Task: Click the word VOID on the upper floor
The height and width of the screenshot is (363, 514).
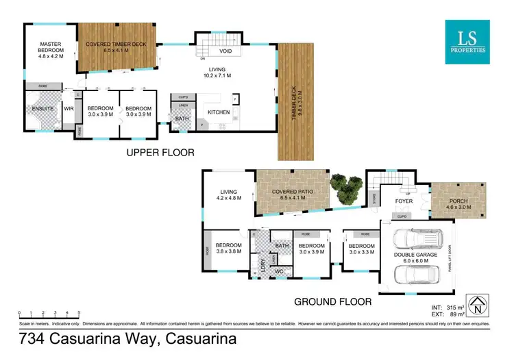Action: pos(225,51)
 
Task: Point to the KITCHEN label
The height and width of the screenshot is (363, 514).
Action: pos(218,111)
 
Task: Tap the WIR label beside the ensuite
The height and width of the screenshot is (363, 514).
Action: pos(69,108)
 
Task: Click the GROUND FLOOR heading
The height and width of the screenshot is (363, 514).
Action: pos(332,301)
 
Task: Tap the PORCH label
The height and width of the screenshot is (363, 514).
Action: pos(459,201)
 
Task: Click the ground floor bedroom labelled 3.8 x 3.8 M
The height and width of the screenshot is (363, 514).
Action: pos(229,248)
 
